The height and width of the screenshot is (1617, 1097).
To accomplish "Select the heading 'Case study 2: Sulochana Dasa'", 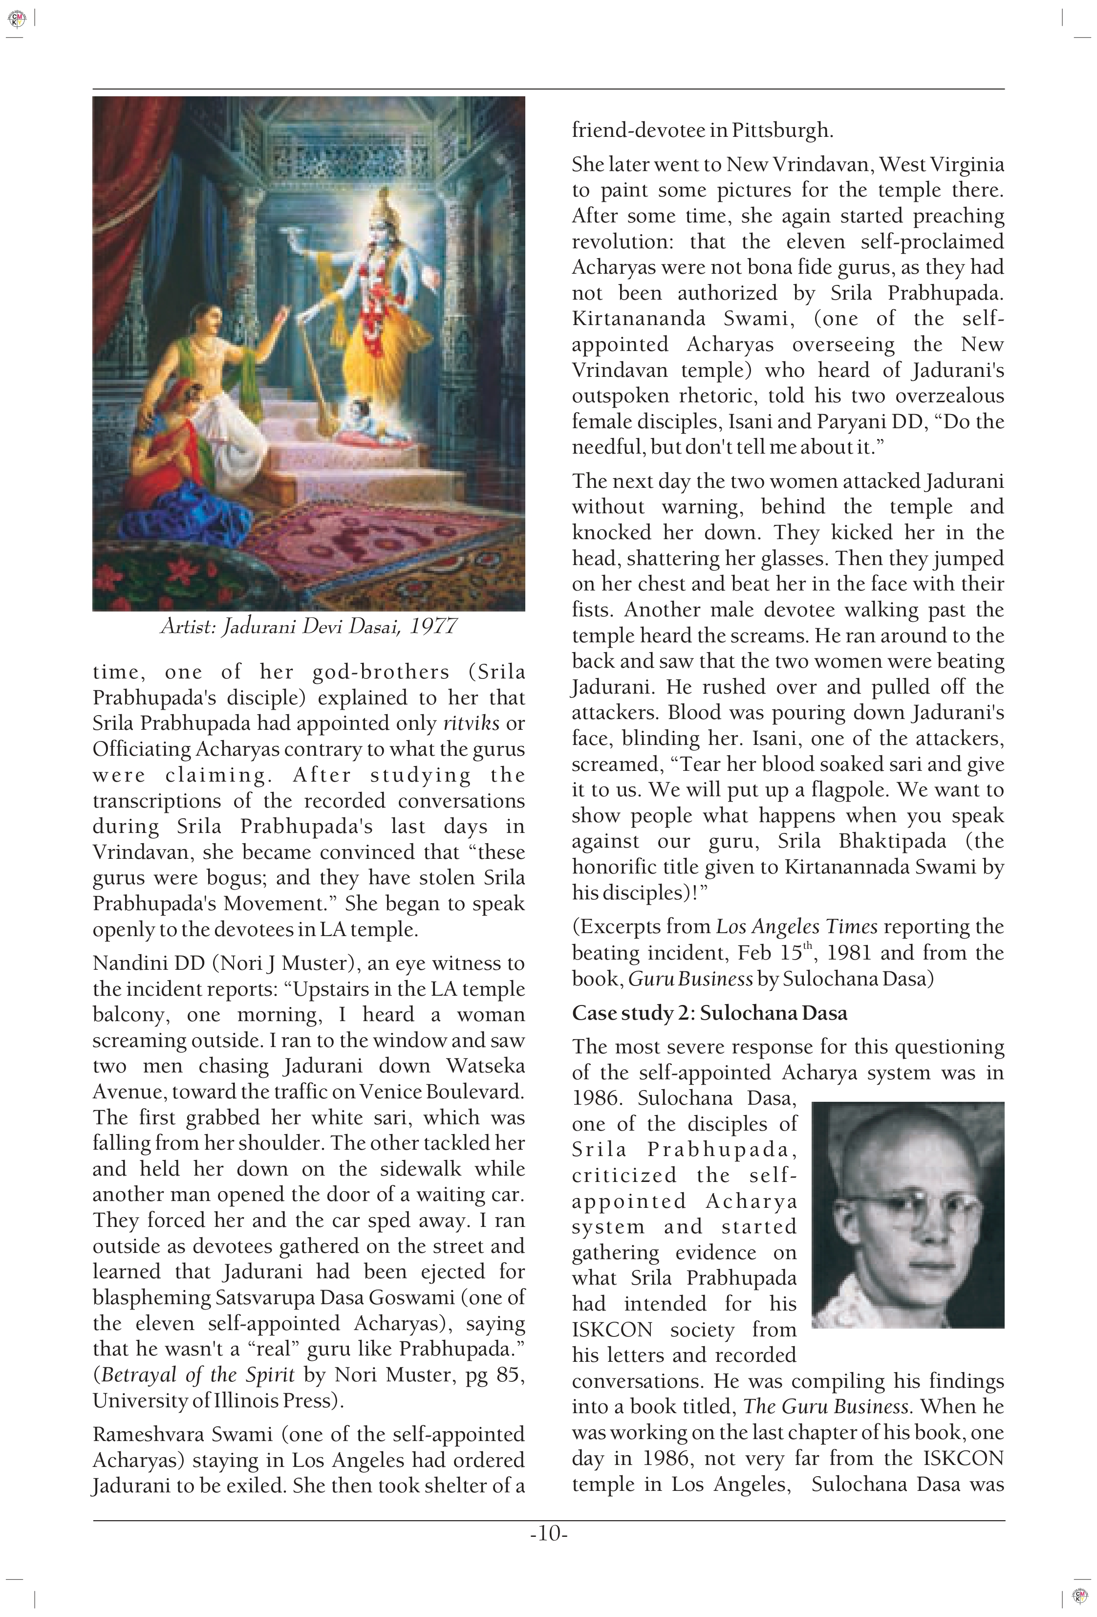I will (709, 1013).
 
